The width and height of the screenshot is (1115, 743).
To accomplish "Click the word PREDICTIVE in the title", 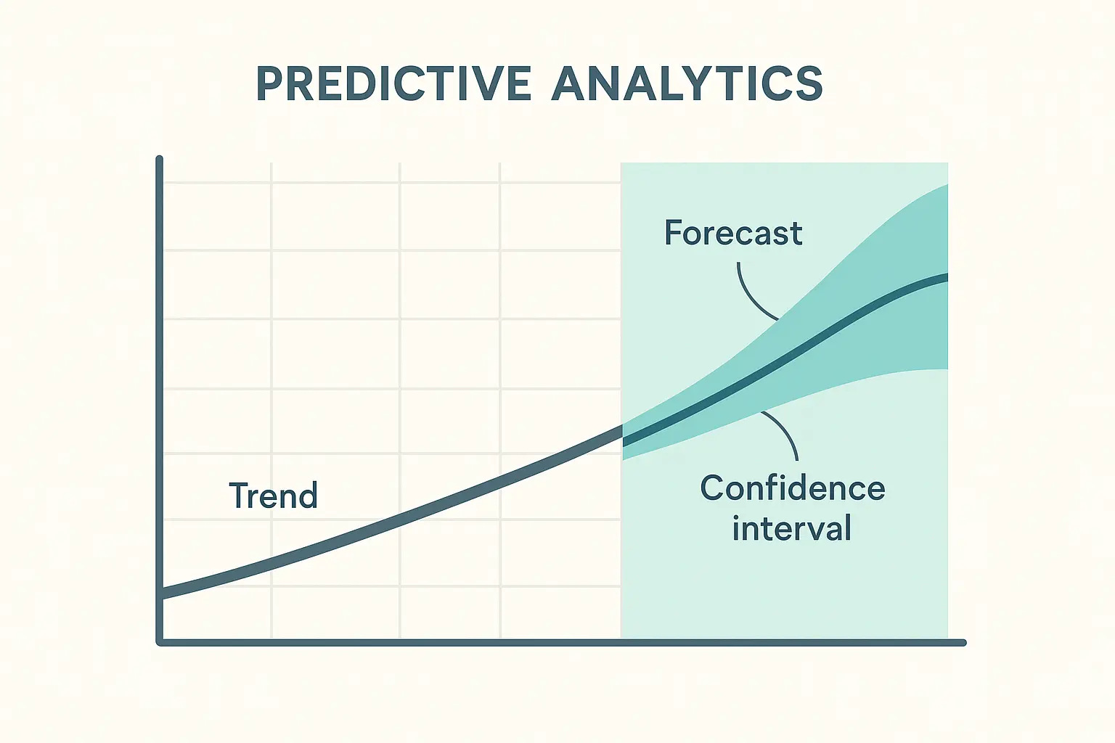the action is point(393,83).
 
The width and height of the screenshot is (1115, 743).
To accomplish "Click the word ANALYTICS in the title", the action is point(687,83).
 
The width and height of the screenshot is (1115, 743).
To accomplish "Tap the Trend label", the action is point(273,495).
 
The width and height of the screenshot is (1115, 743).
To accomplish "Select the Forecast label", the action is point(733,233).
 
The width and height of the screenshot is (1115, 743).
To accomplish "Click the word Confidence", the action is point(793,488).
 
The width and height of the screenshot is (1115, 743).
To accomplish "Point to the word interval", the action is point(791,528).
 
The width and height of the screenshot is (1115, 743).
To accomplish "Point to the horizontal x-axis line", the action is point(561,642).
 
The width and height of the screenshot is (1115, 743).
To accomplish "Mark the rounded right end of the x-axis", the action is point(964,642).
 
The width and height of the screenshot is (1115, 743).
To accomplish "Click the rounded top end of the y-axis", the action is point(159,159).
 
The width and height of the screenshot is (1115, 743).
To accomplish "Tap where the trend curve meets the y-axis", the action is point(160,594).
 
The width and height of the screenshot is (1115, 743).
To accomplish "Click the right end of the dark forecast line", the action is point(946,278).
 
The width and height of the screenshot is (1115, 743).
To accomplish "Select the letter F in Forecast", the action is point(673,233).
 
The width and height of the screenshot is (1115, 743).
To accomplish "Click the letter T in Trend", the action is point(239,495).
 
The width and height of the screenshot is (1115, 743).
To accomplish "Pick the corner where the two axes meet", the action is point(160,642).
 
